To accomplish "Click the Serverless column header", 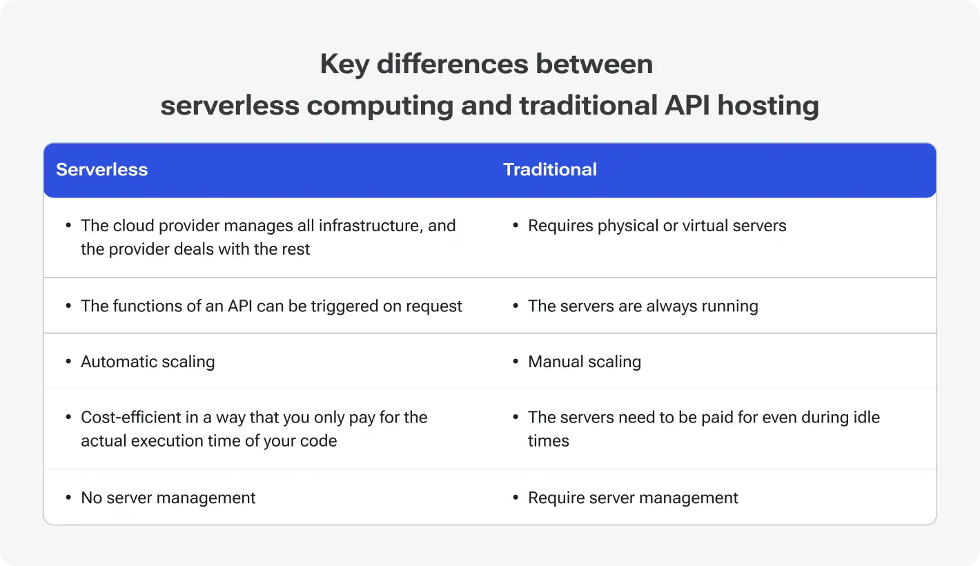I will [101, 170].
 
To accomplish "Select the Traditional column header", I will [549, 170].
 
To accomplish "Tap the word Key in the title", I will [344, 64].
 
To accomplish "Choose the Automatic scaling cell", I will [148, 362].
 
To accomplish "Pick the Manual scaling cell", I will [585, 362].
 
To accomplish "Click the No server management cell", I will [168, 498].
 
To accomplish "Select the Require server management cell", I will [633, 498].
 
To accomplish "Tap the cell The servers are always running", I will [643, 306].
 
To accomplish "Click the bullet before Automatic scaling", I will [68, 362].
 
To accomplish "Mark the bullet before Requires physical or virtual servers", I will [516, 226].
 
